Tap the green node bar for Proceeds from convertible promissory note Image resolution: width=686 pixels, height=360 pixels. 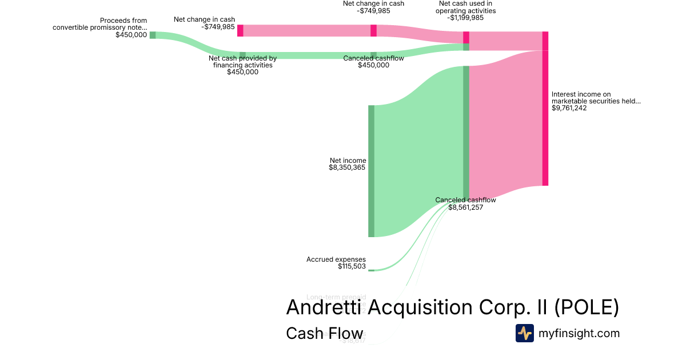point(153,35)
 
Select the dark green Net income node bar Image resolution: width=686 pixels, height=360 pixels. point(371,171)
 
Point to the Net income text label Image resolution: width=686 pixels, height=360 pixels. point(348,161)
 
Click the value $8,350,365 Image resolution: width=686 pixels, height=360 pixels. point(347,168)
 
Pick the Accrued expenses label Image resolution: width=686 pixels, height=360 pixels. point(336,259)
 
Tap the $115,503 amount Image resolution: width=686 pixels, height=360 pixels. point(352,266)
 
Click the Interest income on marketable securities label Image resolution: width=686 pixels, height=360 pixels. point(596,98)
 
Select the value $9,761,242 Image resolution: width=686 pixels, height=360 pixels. point(569,108)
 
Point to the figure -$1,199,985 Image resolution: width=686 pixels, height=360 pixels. point(465,18)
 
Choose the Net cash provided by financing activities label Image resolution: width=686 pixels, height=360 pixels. point(242,62)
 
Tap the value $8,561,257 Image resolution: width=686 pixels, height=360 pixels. point(466,208)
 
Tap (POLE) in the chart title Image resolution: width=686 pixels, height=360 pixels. point(587,307)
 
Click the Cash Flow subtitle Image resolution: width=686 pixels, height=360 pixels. point(324,334)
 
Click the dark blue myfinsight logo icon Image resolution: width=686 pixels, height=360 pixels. point(524,333)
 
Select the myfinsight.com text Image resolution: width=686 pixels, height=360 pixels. point(579,333)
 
